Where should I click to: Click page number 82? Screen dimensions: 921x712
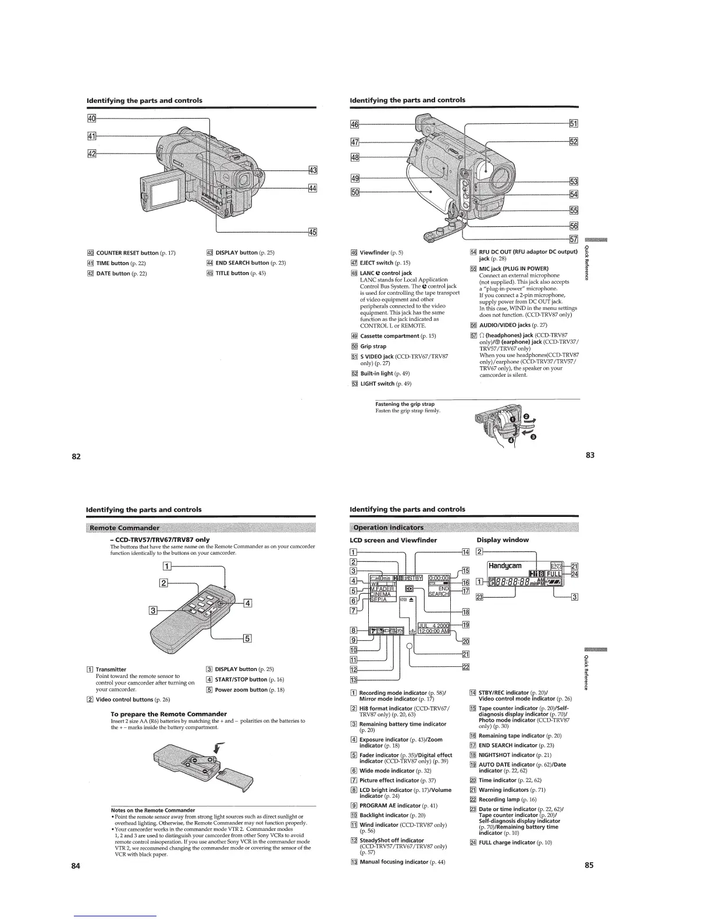coord(76,456)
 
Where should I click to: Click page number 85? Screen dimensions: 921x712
coord(589,865)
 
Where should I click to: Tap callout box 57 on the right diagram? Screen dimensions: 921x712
coord(574,238)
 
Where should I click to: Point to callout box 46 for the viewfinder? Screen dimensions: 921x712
coord(354,124)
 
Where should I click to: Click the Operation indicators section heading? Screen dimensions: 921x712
coord(389,527)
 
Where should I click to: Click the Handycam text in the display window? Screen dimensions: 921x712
coord(505,565)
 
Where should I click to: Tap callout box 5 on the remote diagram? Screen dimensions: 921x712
coord(247,638)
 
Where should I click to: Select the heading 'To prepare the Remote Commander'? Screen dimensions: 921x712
coord(168,713)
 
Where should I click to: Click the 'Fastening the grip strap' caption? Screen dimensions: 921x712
coord(405,404)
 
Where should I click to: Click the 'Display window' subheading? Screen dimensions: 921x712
coord(503,540)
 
